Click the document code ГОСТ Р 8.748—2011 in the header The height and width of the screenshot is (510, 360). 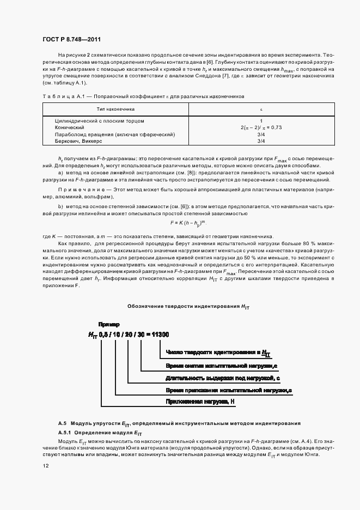pyautogui.click(x=71, y=39)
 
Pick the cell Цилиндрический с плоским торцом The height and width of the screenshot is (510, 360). pyautogui.click(x=99, y=120)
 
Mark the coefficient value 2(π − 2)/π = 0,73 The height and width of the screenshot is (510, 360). pyautogui.click(x=261, y=127)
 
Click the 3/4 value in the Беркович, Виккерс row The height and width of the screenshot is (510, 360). pyautogui.click(x=261, y=141)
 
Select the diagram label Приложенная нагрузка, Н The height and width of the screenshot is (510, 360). pyautogui.click(x=200, y=402)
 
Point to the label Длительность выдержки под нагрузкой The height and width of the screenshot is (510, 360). pyautogui.click(x=223, y=378)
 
